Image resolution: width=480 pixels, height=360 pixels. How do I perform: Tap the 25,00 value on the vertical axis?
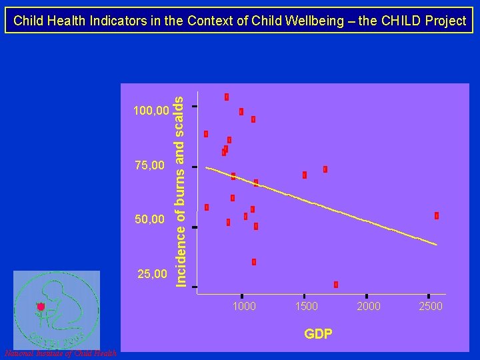(x=152, y=273)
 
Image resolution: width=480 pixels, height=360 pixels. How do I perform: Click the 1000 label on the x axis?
(x=243, y=306)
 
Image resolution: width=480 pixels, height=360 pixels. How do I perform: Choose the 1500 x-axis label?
(x=306, y=306)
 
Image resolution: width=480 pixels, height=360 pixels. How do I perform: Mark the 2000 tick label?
(x=368, y=306)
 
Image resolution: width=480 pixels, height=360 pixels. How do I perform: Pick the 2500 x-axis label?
(x=430, y=306)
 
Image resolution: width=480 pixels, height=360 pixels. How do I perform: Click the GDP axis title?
(x=318, y=334)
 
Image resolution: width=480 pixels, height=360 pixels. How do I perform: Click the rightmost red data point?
(x=437, y=215)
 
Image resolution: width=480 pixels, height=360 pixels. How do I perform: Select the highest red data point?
(x=227, y=97)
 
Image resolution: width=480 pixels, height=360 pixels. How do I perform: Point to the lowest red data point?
(x=336, y=285)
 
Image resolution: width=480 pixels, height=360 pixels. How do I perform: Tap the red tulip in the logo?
(x=41, y=306)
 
